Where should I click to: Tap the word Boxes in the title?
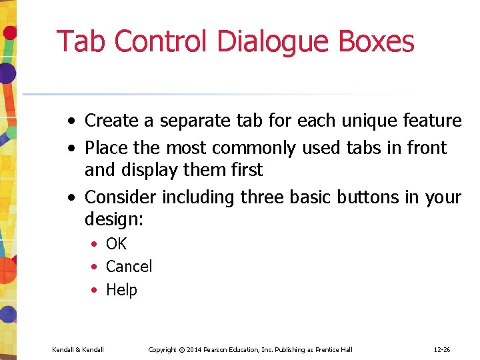click(x=376, y=41)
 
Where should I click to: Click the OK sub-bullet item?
click(x=116, y=244)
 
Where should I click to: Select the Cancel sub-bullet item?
click(x=129, y=267)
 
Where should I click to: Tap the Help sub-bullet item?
click(x=121, y=290)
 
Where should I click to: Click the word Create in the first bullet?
click(x=112, y=121)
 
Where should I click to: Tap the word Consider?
click(x=121, y=197)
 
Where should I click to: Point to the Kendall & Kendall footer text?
click(x=77, y=350)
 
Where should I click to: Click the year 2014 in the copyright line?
click(x=193, y=350)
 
